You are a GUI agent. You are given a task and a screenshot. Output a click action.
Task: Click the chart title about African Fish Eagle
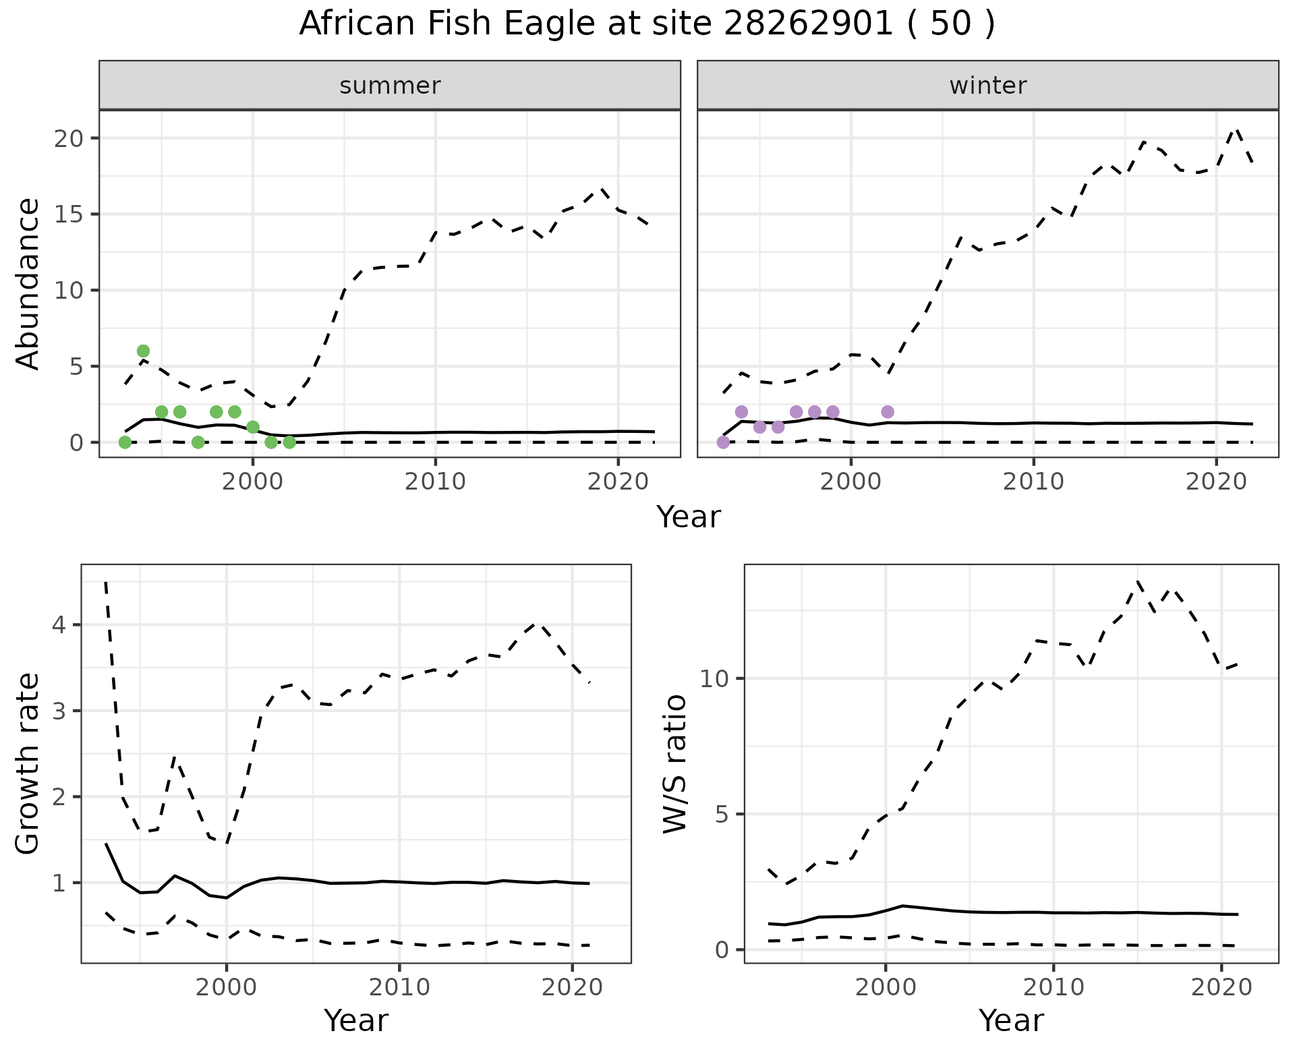647,24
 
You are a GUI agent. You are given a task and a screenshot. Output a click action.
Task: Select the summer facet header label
390,86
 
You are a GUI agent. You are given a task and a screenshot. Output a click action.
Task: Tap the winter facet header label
987,86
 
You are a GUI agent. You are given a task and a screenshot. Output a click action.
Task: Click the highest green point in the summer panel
143,351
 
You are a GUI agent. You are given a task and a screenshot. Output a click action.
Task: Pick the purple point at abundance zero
723,442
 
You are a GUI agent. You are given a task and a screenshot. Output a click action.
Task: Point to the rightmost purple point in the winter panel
888,412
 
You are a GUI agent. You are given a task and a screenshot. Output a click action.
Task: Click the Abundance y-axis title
28,283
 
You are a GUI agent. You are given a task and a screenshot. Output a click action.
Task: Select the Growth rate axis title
28,764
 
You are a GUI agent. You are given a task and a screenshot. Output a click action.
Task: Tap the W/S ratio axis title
674,764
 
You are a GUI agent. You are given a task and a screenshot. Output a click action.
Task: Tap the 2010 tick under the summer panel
436,481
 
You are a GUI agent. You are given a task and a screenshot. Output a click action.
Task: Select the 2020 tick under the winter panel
1216,481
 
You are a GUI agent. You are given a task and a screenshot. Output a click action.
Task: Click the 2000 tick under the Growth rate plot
227,987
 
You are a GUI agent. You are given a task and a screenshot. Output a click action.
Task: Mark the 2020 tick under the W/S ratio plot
1221,987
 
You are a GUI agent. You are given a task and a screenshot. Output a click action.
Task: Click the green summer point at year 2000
253,427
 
